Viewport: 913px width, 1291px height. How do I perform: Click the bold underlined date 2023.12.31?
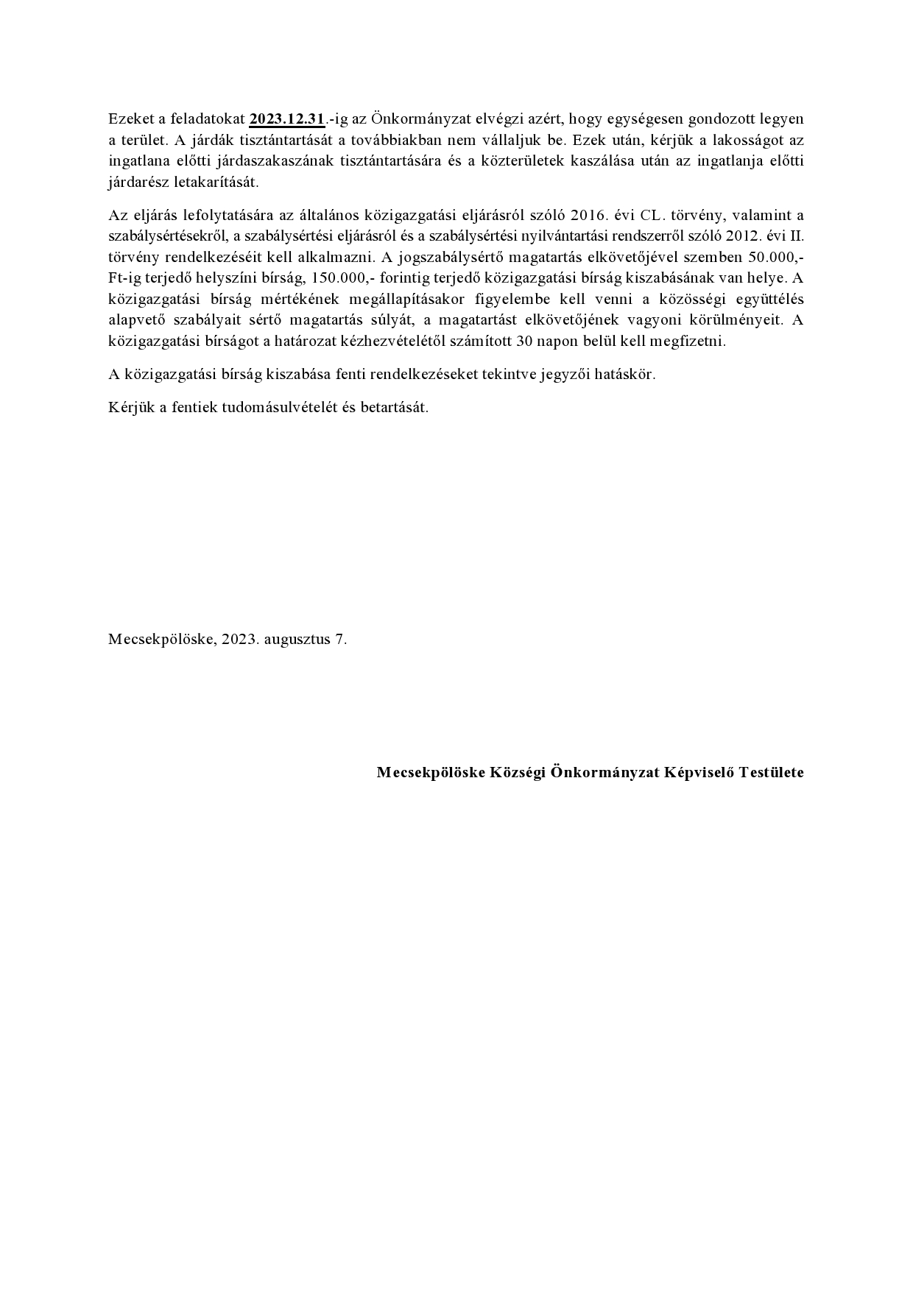[287, 119]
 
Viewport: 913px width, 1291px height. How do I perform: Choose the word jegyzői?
[567, 375]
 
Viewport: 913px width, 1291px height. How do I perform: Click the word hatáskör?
[626, 375]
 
